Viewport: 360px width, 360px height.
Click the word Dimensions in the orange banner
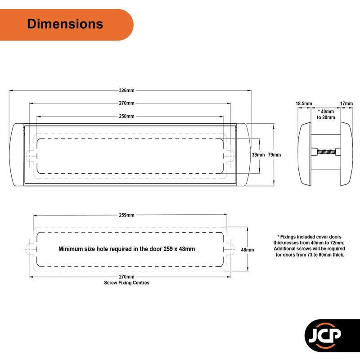[x=65, y=24]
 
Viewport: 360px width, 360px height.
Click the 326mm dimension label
[x=126, y=90]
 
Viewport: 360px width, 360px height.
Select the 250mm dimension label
[x=126, y=116]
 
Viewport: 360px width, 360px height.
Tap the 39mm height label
[x=258, y=155]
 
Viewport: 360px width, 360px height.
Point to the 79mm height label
[x=274, y=155]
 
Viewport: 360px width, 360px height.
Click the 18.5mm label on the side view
[x=304, y=103]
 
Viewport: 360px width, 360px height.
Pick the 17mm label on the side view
[x=346, y=103]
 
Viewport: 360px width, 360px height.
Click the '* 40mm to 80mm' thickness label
[x=326, y=114]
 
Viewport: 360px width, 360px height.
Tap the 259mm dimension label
[x=126, y=215]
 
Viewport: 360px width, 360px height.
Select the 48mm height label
[x=247, y=250]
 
